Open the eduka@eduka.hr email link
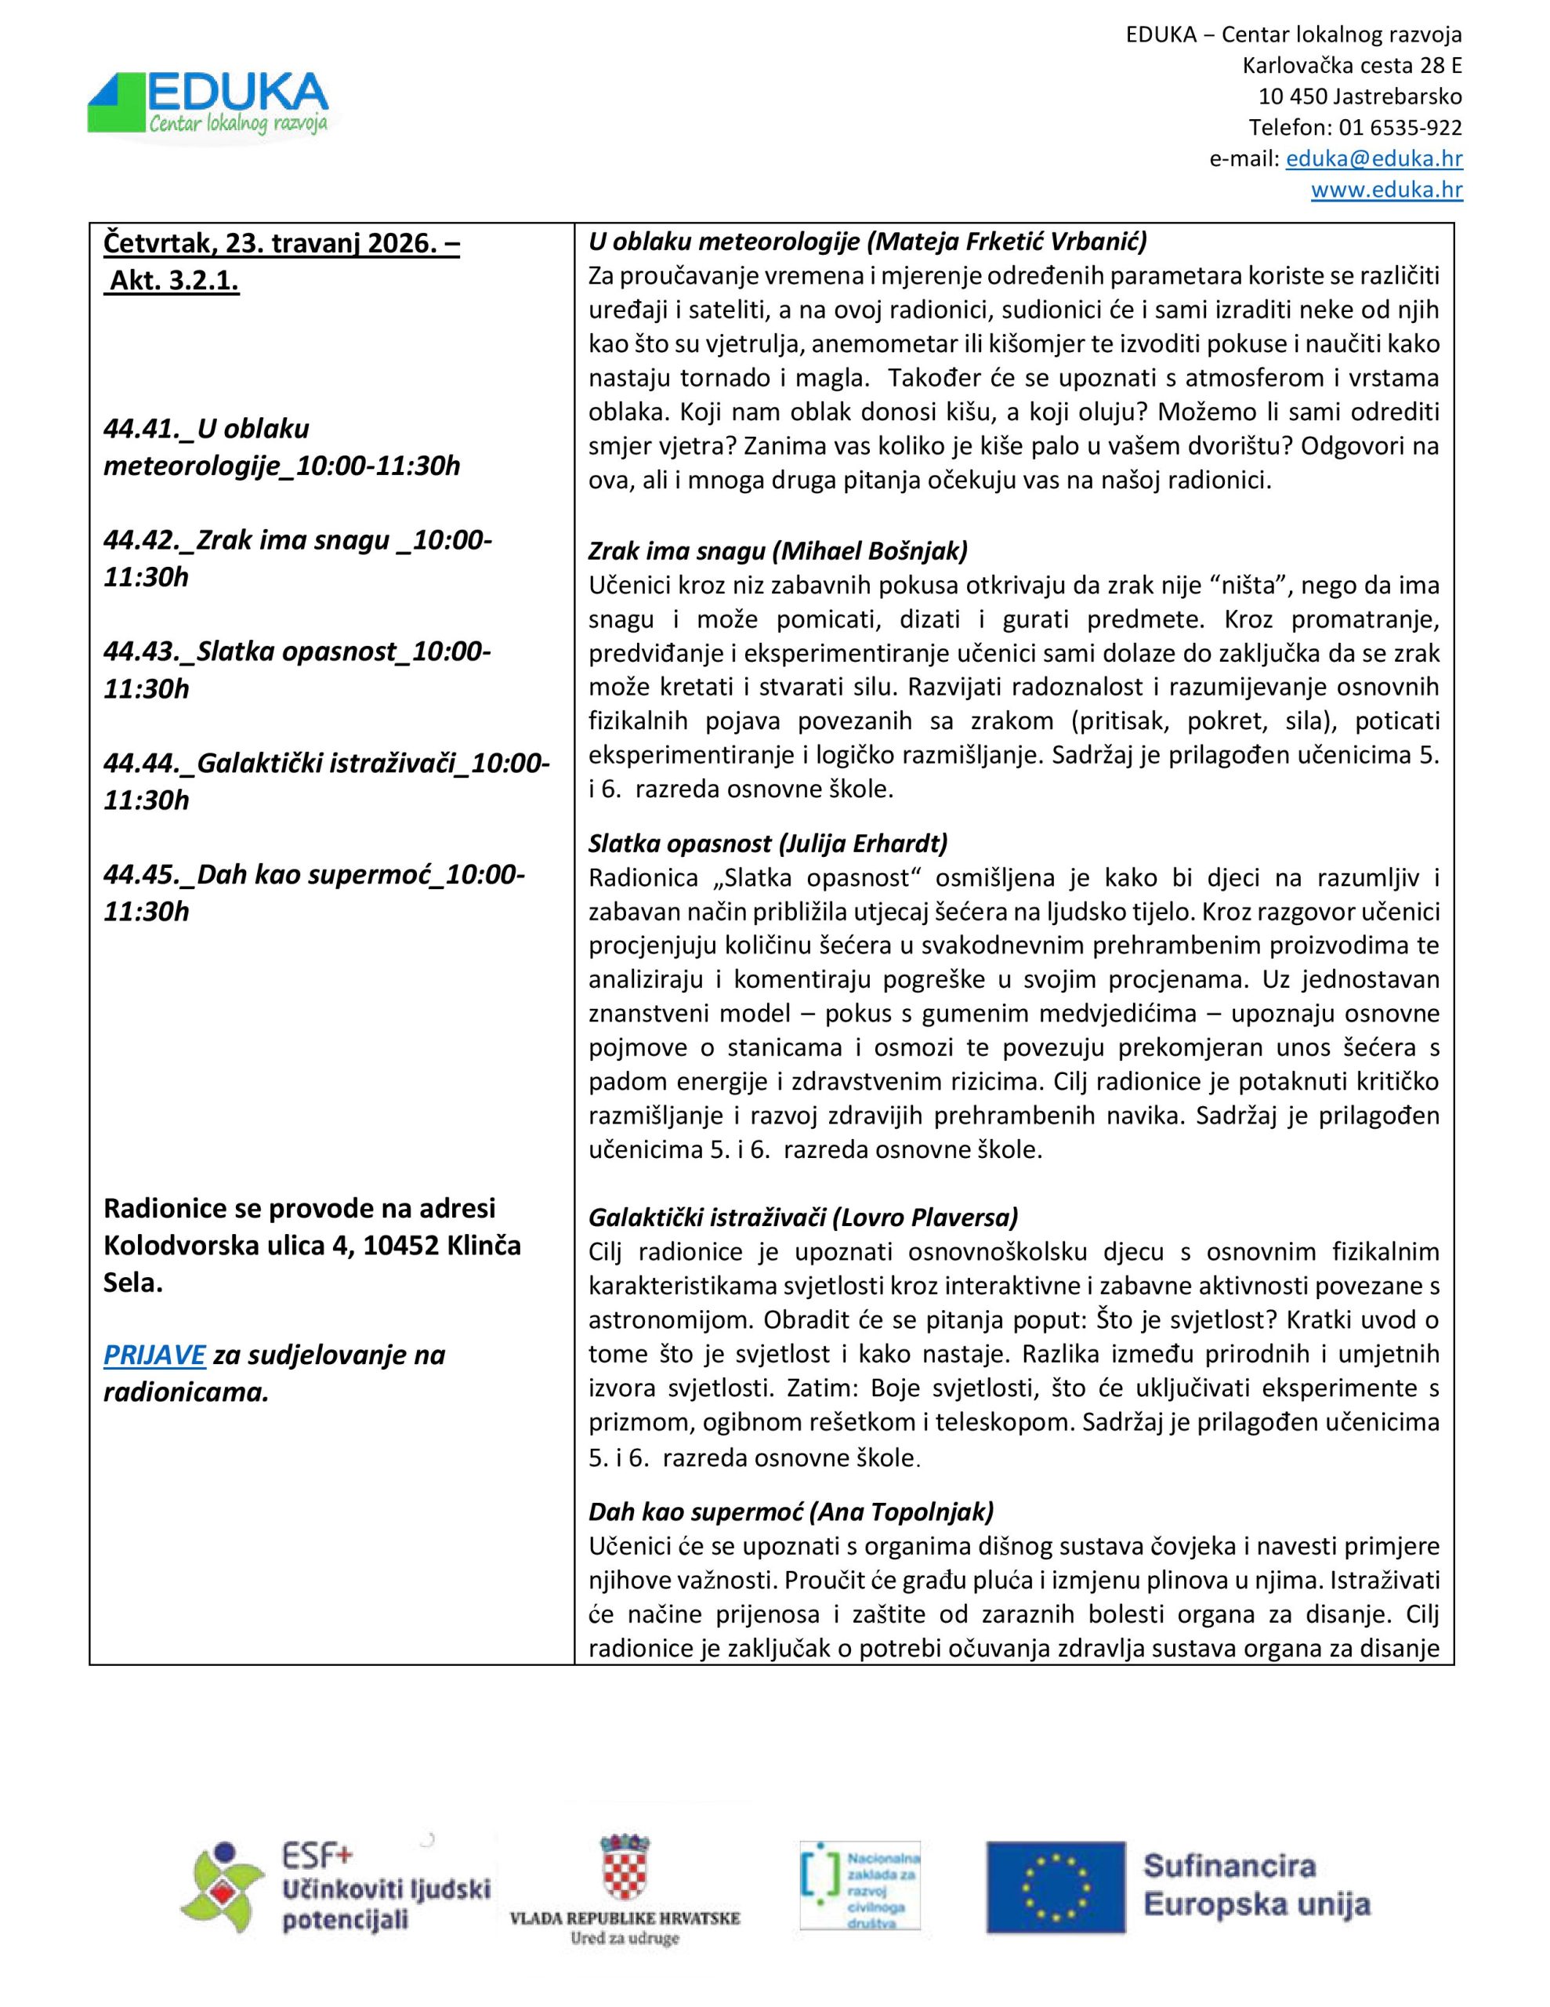[x=1374, y=159]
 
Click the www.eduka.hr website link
[x=1385, y=191]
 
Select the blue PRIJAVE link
[x=154, y=1355]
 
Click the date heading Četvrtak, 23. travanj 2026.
[x=281, y=244]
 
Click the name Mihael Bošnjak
[x=870, y=550]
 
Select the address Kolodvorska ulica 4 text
[x=228, y=1245]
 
